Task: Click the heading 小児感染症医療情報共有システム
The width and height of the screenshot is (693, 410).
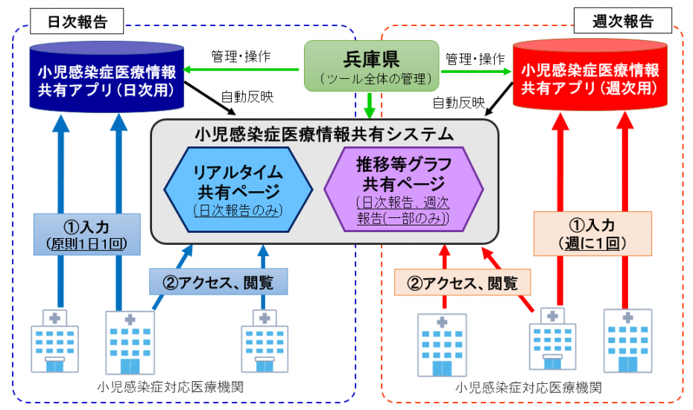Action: tap(323, 134)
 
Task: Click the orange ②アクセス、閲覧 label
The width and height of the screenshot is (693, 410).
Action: tap(462, 282)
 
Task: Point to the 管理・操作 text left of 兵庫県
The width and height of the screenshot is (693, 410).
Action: tap(241, 56)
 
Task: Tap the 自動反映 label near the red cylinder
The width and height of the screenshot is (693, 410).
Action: tap(458, 102)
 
